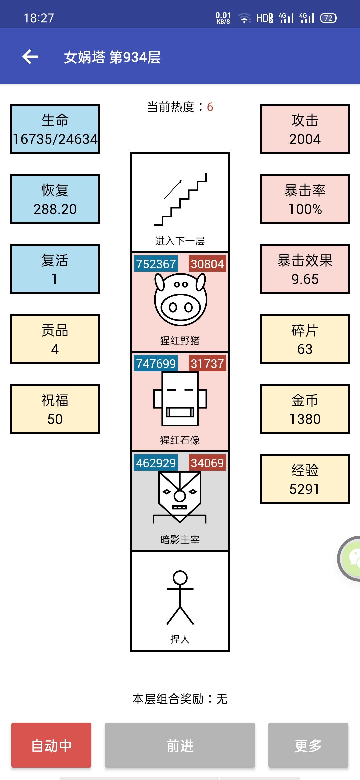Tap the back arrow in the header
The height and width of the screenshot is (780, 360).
pos(30,57)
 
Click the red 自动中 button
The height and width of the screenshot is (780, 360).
pos(51,745)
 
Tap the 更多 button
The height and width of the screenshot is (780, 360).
pos(308,745)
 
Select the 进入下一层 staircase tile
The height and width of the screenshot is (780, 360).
pos(180,202)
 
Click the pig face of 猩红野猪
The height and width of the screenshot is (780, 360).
pos(180,299)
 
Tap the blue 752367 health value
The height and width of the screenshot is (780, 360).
pos(156,264)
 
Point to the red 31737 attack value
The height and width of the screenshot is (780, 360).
pos(207,364)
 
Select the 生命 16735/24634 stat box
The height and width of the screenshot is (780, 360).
pos(55,129)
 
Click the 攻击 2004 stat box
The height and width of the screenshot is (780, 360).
pos(305,129)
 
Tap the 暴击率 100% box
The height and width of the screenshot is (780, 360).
pos(305,199)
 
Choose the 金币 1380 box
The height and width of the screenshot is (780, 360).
pos(305,409)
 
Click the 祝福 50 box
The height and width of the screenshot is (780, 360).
pos(55,409)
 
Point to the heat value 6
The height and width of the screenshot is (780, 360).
pos(210,107)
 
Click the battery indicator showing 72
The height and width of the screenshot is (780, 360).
pos(328,18)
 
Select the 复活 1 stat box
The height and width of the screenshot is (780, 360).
pos(55,269)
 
